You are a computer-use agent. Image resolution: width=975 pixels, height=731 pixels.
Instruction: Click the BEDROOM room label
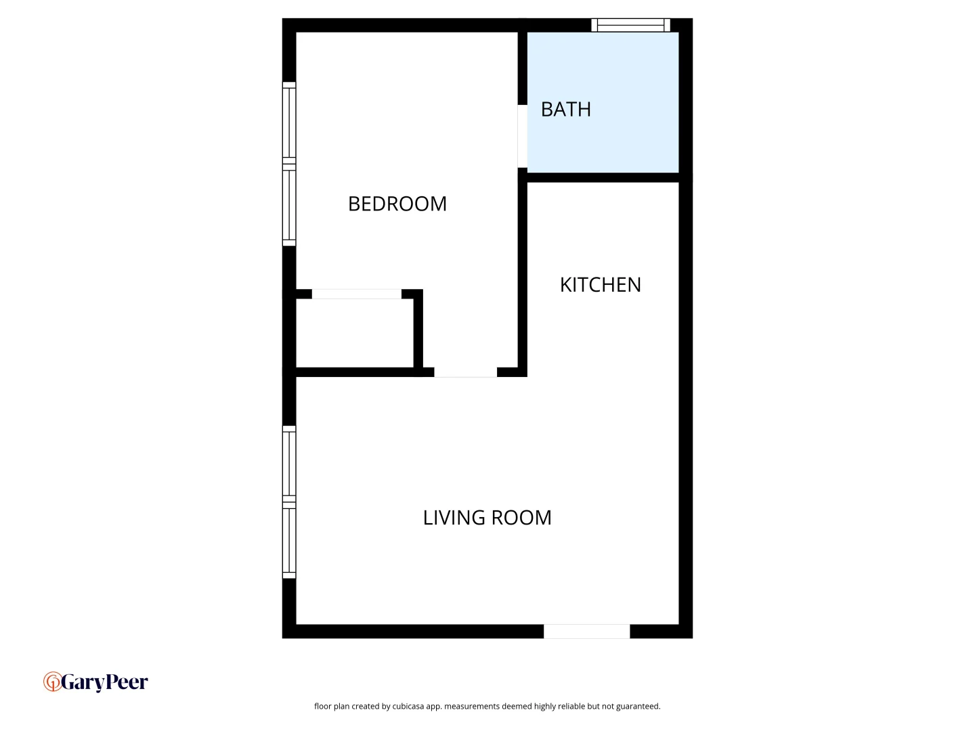click(x=397, y=204)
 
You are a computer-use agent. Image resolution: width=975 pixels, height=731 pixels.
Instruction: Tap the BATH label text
click(x=565, y=110)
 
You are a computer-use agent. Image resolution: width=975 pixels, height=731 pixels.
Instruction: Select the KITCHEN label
click(x=600, y=285)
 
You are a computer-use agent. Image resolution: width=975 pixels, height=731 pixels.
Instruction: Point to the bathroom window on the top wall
click(x=630, y=26)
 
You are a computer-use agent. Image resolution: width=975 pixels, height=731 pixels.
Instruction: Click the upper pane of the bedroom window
click(x=289, y=123)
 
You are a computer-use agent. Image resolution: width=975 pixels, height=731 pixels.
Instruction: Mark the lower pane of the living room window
click(x=289, y=541)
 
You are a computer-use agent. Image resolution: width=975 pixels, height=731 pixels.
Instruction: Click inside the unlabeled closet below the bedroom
click(x=355, y=333)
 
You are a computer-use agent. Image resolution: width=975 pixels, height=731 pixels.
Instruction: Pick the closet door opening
click(x=356, y=294)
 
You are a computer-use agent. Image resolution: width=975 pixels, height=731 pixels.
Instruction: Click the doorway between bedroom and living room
click(x=465, y=372)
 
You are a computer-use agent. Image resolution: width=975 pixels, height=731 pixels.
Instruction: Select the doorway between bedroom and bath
click(x=522, y=136)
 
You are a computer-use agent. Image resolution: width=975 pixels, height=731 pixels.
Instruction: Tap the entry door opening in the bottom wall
click(x=586, y=632)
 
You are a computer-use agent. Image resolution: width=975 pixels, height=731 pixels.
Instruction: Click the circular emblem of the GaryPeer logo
click(x=52, y=682)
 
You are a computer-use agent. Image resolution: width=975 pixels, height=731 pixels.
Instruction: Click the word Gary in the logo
click(x=83, y=682)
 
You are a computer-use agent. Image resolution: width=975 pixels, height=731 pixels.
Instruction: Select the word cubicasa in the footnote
click(x=408, y=707)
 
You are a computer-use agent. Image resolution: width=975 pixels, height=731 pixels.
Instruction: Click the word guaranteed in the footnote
click(x=638, y=707)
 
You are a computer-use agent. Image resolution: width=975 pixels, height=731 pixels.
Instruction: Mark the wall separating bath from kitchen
click(x=603, y=177)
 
